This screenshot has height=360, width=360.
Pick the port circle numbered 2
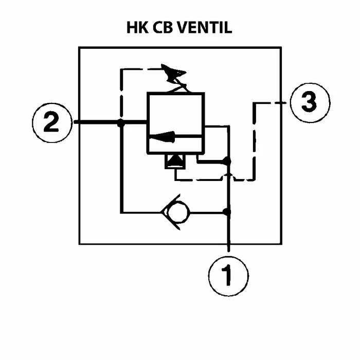tap(51, 122)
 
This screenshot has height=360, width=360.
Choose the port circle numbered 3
tap(308, 102)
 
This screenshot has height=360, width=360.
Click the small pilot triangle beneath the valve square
tap(172, 161)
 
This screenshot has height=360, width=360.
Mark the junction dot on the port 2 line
tap(120, 123)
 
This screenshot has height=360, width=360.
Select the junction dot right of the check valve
tap(227, 211)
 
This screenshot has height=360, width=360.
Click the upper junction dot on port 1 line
tap(227, 161)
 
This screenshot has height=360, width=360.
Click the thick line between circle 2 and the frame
tap(77, 122)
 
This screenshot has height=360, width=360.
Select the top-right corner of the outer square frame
tap(281, 48)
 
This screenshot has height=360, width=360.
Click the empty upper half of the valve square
tap(175, 111)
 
